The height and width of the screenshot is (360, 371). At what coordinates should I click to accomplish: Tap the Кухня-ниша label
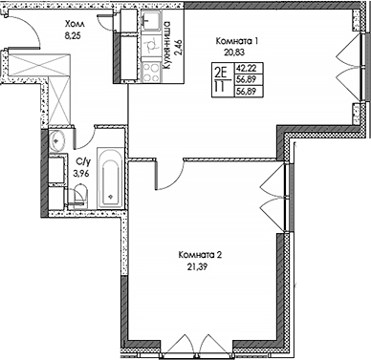pos(166,41)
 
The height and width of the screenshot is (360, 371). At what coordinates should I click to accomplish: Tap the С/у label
pos(82,163)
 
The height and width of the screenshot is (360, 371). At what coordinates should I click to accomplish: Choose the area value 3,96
pos(82,174)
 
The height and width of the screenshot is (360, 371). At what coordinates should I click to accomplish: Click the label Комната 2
pos(201,255)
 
